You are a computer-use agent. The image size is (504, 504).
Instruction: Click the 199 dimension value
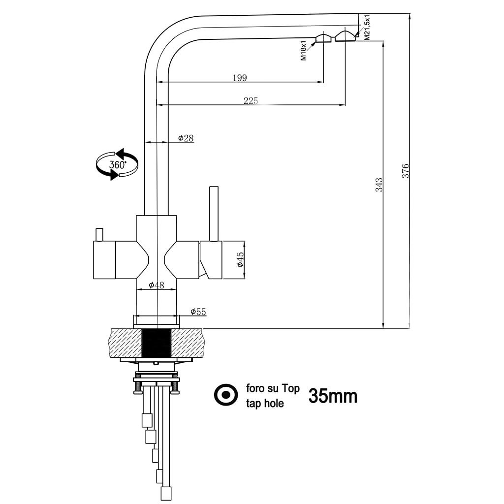click(x=240, y=78)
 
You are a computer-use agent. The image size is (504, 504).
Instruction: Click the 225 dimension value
click(x=251, y=101)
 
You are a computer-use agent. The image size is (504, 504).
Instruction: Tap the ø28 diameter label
click(x=186, y=138)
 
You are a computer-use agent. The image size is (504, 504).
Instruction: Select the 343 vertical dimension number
click(x=378, y=185)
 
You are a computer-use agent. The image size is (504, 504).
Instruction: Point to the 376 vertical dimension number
click(x=406, y=170)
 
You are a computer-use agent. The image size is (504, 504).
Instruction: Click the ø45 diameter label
click(x=240, y=259)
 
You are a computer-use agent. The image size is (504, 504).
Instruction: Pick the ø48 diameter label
click(x=157, y=285)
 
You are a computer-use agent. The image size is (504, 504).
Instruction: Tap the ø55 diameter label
click(x=198, y=312)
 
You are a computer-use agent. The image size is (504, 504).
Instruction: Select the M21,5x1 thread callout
click(x=367, y=27)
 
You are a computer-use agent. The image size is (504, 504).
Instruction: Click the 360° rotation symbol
click(x=117, y=164)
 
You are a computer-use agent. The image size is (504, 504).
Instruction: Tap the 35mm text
click(x=333, y=396)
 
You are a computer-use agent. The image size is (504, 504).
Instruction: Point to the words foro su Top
click(x=273, y=389)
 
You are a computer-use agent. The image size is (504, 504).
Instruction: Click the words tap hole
click(x=265, y=404)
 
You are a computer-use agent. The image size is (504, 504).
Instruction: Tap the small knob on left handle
click(x=99, y=234)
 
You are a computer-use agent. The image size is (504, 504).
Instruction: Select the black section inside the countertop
click(x=157, y=343)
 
